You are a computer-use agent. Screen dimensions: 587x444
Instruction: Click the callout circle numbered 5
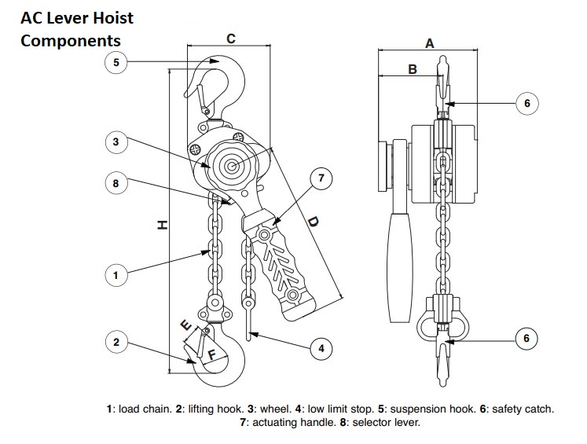116,62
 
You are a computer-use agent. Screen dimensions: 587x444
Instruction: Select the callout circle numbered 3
116,142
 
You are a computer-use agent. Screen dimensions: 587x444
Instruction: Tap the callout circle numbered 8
116,183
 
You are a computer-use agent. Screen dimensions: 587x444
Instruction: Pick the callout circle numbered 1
116,275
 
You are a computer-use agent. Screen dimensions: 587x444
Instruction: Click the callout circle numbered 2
116,342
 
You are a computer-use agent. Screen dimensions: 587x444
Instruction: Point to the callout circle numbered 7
321,178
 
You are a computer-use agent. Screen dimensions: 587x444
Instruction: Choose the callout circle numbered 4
321,349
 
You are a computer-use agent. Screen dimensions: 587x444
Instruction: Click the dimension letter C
231,39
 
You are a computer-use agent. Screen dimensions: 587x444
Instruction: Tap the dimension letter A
430,43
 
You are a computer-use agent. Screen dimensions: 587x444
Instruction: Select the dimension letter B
413,69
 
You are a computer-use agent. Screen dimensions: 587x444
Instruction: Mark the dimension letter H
162,225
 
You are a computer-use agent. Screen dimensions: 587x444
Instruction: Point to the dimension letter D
313,222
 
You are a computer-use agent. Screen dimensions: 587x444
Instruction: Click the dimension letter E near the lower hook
186,325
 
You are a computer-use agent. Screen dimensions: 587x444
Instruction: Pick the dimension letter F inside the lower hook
212,354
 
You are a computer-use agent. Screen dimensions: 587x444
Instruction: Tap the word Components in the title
71,41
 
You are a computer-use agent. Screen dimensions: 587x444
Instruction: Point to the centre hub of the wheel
231,167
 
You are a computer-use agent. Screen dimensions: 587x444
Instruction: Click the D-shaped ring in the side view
442,325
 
